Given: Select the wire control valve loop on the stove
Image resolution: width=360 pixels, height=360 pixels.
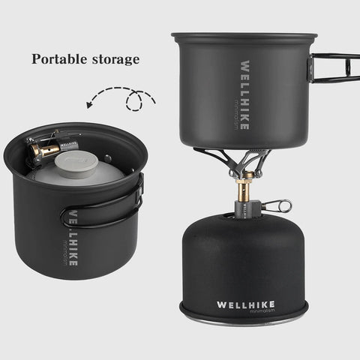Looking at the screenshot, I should tap(277, 204).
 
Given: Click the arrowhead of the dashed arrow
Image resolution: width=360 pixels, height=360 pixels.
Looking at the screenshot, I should tap(91, 106).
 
